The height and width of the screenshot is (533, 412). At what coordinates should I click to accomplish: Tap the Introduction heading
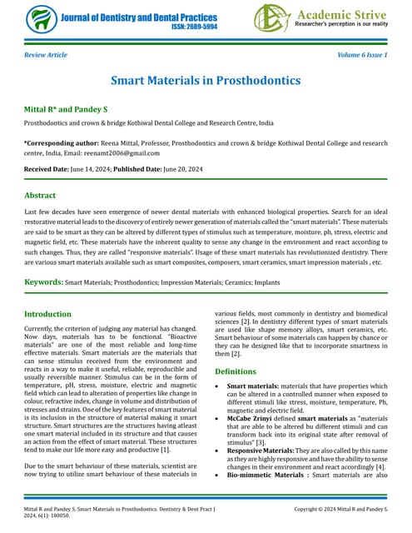pos(48,315)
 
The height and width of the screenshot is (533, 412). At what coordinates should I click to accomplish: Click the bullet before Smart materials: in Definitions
pos(217,387)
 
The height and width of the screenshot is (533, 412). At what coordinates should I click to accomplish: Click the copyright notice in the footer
pos(341,507)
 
